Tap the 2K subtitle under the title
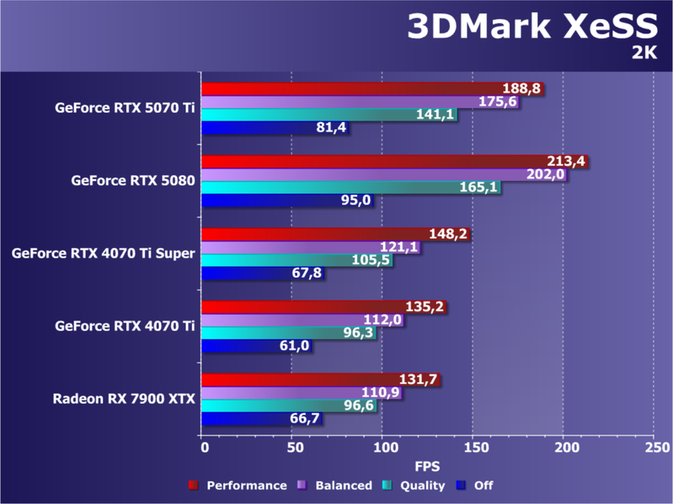click(644, 53)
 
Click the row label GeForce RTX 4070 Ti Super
click(104, 252)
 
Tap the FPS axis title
click(426, 465)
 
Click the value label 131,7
click(418, 380)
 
